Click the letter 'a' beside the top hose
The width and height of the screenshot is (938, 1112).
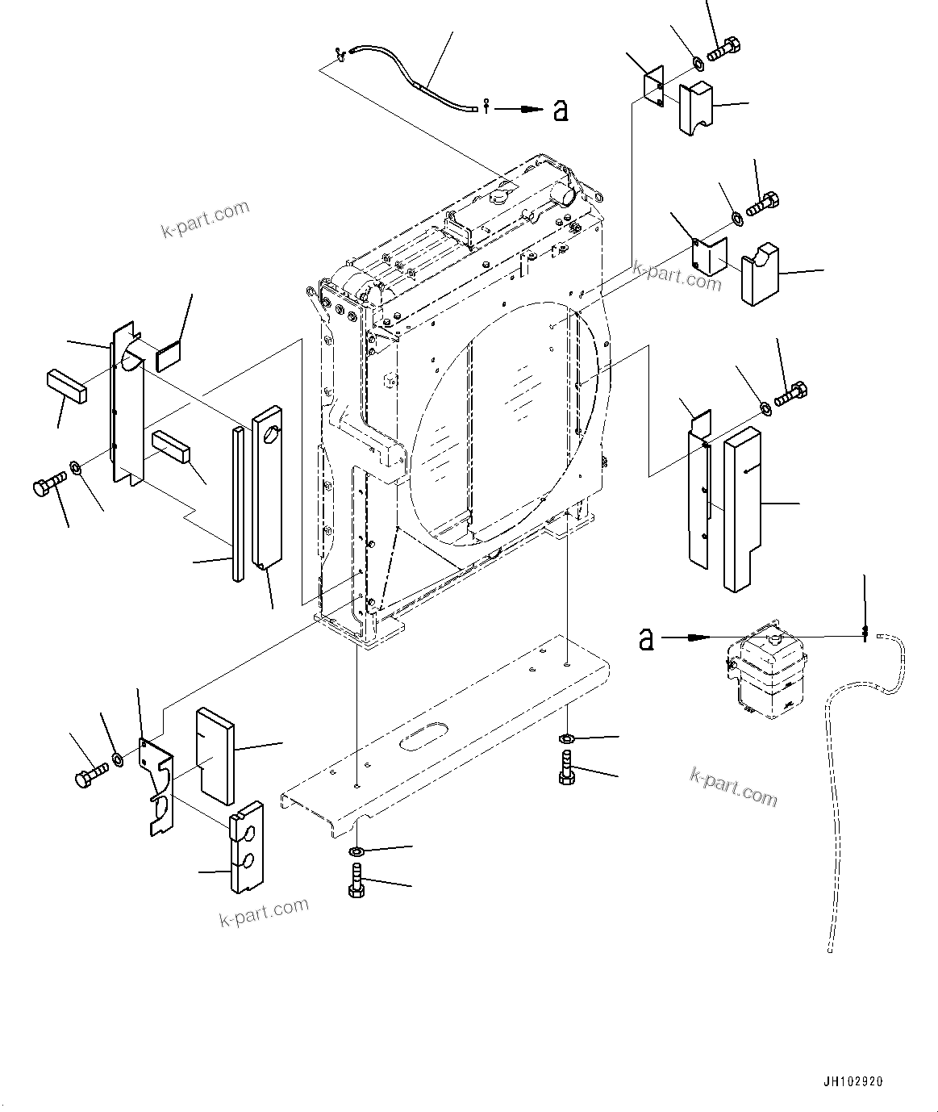click(x=561, y=110)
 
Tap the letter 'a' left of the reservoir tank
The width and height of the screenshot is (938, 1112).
click(x=645, y=640)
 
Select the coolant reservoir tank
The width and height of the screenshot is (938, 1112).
click(x=765, y=672)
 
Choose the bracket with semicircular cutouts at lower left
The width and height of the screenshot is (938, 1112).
click(x=158, y=783)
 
